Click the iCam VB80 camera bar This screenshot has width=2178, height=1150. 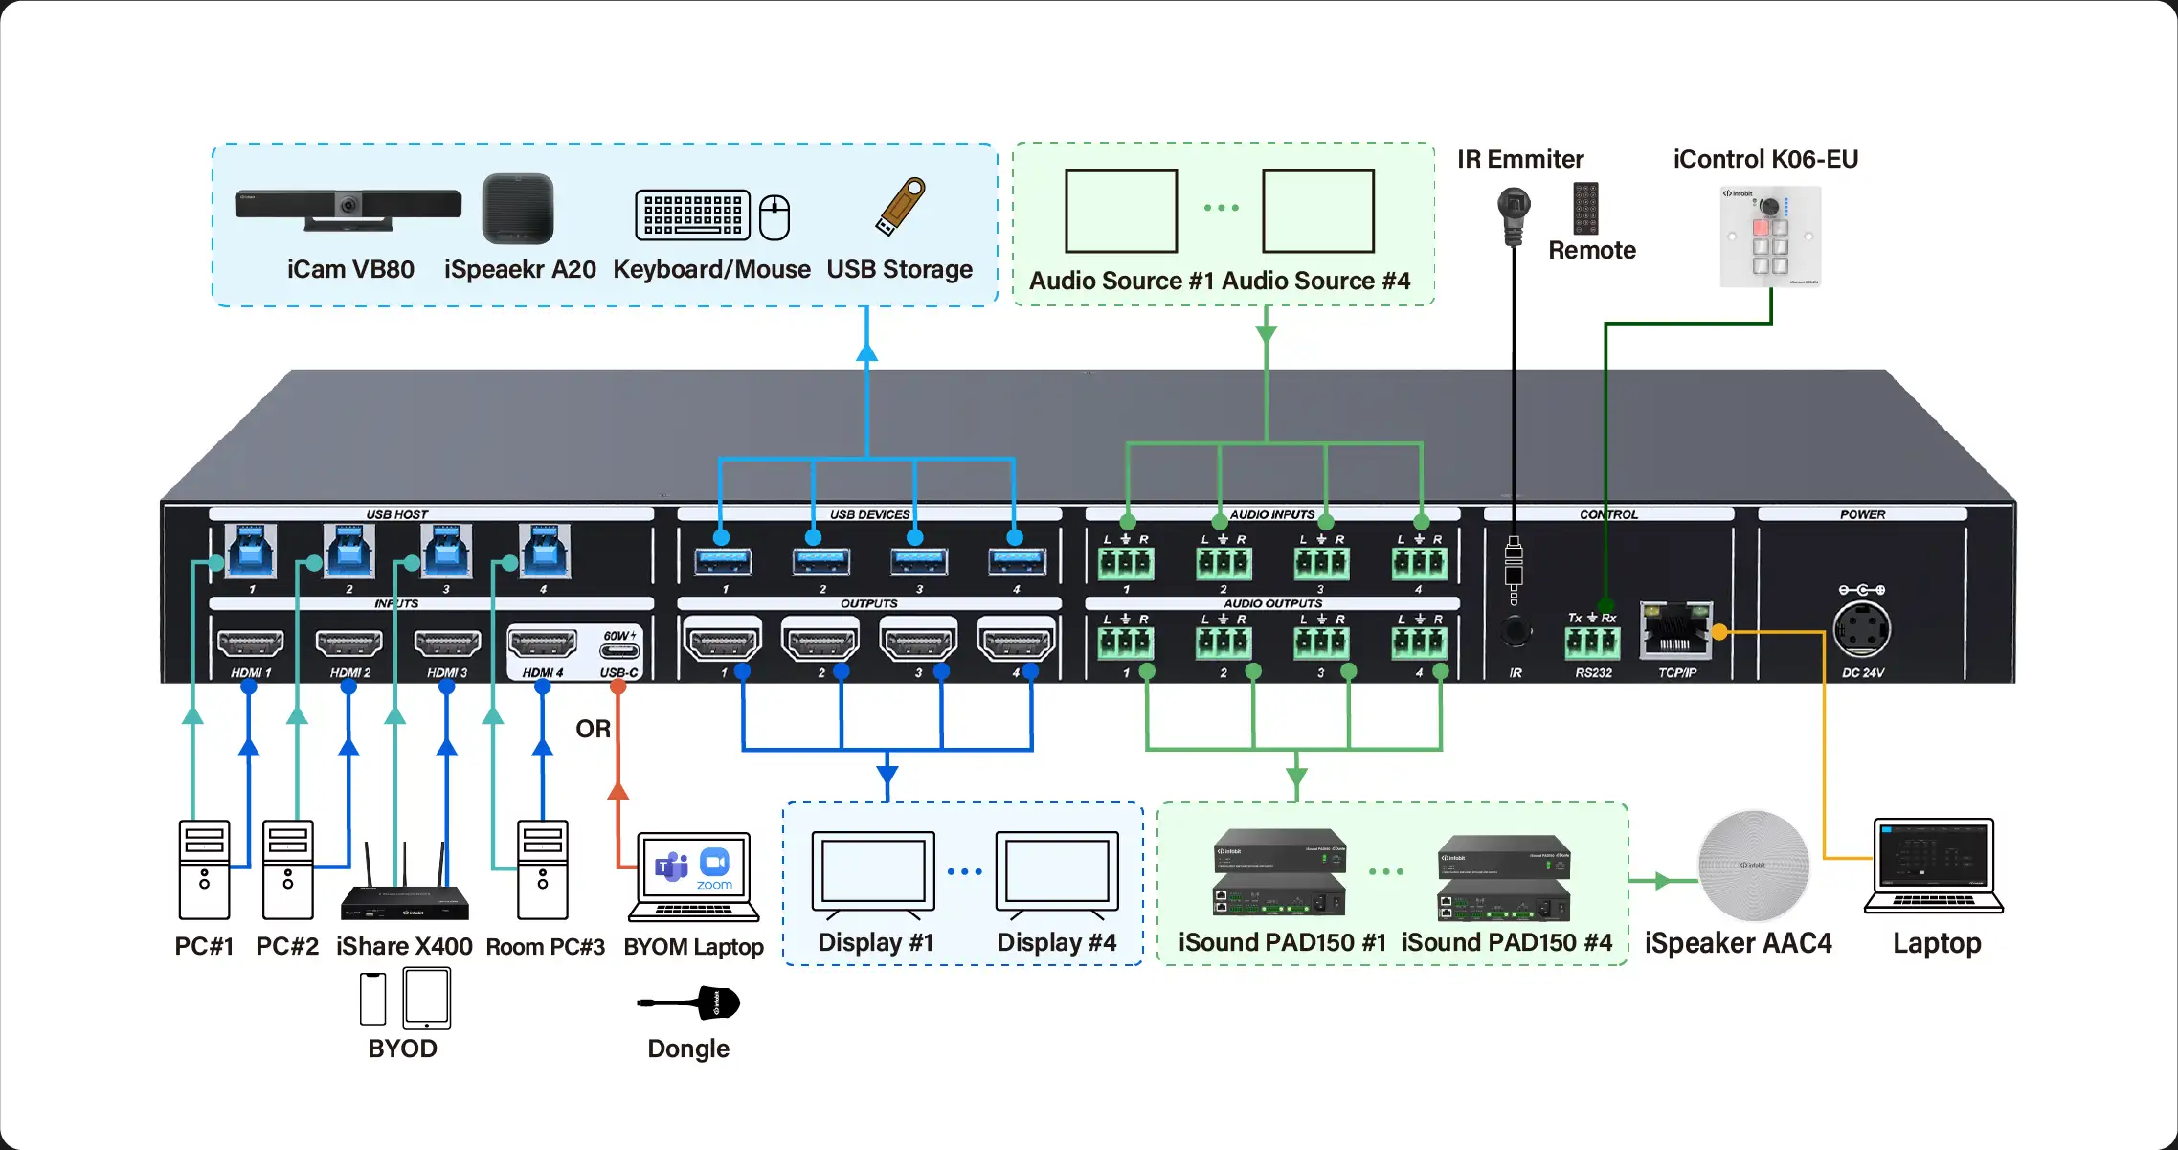click(x=348, y=208)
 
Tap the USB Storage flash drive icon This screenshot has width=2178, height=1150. click(x=900, y=205)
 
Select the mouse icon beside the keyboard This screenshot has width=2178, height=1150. click(x=775, y=216)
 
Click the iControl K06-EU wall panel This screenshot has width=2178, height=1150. click(x=1770, y=237)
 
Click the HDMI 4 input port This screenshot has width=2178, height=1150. click(x=542, y=643)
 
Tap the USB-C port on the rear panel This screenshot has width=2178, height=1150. click(x=619, y=652)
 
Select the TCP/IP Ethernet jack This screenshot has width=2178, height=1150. click(x=1675, y=631)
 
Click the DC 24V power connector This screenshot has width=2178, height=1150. click(x=1861, y=630)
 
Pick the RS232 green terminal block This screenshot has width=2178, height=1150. click(x=1592, y=642)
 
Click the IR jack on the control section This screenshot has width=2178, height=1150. click(x=1515, y=632)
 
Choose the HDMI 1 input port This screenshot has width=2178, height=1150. click(x=250, y=643)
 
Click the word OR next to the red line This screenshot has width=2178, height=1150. click(x=593, y=729)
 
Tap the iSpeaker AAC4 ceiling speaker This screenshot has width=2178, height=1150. click(x=1753, y=866)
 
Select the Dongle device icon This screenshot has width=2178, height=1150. click(x=689, y=1003)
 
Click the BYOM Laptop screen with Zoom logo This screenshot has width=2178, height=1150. click(x=694, y=868)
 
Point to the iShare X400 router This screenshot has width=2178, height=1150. click(x=405, y=897)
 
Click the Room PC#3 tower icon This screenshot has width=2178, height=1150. click(x=543, y=869)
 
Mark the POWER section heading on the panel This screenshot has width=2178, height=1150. click(x=1862, y=514)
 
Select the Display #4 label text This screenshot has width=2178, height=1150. click(x=1056, y=942)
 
